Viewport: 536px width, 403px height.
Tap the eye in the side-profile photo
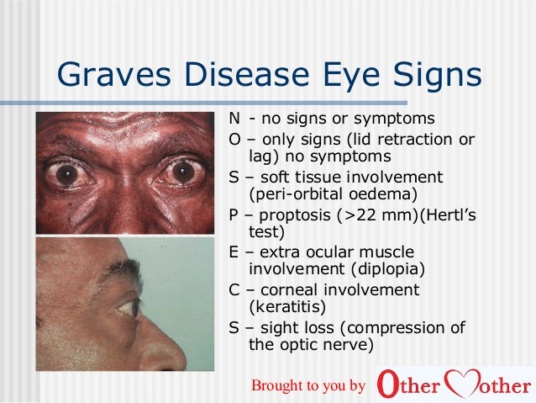click(x=126, y=308)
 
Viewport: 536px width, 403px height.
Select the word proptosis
click(x=294, y=213)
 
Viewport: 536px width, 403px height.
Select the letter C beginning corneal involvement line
click(x=234, y=289)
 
